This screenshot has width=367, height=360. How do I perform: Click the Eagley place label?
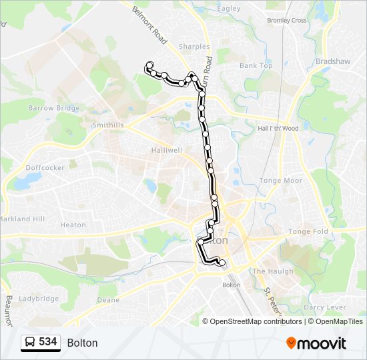228,9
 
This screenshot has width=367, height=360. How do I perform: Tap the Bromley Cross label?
286,21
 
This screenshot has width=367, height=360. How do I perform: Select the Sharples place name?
194,47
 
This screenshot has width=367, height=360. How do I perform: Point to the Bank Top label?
256,66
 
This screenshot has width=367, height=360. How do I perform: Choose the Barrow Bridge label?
53,108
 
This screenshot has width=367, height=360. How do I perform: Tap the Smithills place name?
108,125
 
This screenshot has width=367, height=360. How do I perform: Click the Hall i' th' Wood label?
278,129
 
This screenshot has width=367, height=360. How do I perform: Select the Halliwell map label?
167,151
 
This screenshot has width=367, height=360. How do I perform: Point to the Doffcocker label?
45,168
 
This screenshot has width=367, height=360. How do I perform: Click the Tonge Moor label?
281,181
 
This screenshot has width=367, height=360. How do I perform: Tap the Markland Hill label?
22,219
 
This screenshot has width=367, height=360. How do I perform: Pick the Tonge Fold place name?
308,232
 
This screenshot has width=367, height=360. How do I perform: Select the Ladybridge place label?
39,299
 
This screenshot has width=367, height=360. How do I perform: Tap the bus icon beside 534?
30,343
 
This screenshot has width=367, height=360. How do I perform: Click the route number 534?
47,342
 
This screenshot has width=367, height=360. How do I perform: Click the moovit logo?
316,343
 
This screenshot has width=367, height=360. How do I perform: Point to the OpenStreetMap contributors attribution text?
256,321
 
